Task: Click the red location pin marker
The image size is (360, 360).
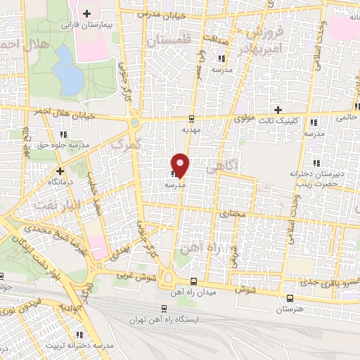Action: (x=181, y=165)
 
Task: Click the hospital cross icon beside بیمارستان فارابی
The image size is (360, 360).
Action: (x=86, y=13)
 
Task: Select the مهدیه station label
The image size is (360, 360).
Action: (x=193, y=130)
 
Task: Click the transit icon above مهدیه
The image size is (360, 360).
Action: (x=193, y=119)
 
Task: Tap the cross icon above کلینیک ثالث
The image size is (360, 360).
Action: (x=278, y=110)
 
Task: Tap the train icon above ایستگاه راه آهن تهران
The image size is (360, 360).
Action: (x=164, y=308)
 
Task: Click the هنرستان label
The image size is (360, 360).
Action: (x=290, y=309)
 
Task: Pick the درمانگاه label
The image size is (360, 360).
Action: (x=60, y=181)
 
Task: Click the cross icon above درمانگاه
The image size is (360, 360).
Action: (x=60, y=170)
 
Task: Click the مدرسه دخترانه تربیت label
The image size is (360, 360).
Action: (x=79, y=346)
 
